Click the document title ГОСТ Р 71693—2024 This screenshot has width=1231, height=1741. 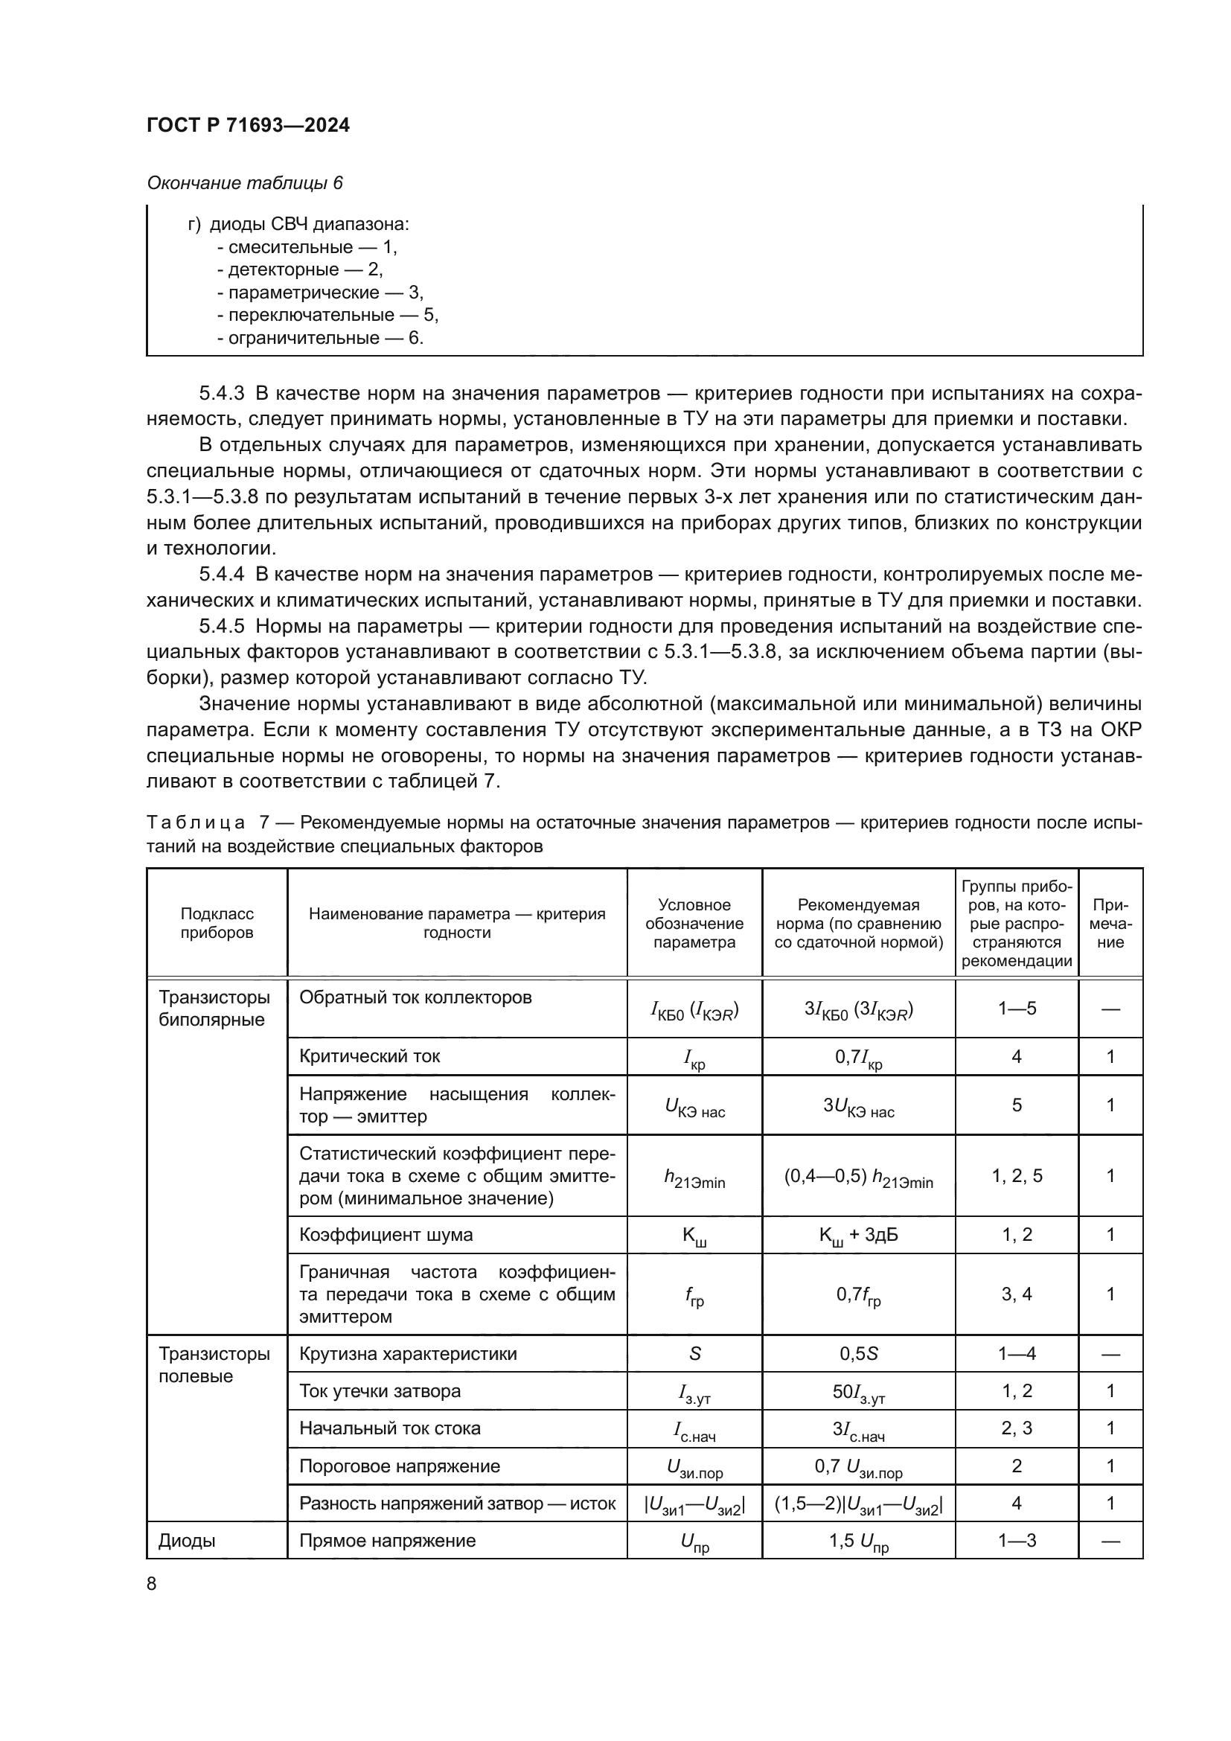coord(248,125)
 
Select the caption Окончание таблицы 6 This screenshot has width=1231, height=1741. coord(244,183)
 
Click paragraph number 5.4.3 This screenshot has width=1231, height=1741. coord(221,393)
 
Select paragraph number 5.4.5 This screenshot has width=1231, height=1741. coord(221,625)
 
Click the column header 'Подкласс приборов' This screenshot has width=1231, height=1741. coord(217,923)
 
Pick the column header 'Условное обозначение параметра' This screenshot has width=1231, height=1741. coord(694,923)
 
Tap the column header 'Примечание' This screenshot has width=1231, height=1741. coord(1110,923)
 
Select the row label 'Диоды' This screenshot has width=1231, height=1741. coord(187,1540)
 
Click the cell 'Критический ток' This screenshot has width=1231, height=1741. coord(369,1056)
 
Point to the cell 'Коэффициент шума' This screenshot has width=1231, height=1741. coord(386,1234)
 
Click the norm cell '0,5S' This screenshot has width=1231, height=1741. coord(858,1353)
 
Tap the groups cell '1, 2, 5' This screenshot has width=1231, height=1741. coord(1017,1176)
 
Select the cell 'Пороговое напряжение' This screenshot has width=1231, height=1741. coord(400,1466)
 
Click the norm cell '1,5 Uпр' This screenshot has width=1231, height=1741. coord(858,1541)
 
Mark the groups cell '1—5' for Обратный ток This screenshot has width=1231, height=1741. coord(1017,1009)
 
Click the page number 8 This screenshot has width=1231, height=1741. coord(152,1583)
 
